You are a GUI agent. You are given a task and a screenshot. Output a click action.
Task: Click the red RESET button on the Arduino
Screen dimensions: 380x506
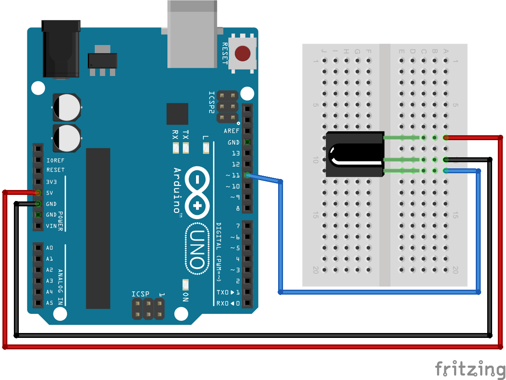(243, 54)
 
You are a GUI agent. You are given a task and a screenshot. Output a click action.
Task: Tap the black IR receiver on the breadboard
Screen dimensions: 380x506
(354, 154)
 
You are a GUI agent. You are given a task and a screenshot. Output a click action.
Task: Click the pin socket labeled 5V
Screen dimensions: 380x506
(38, 192)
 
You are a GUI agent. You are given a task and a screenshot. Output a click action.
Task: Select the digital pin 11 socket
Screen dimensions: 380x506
(247, 175)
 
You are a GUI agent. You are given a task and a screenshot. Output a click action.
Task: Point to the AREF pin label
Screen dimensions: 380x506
(232, 131)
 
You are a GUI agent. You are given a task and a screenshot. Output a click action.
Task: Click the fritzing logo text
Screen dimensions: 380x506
(470, 369)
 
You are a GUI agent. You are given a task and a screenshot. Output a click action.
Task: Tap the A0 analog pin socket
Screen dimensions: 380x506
(38, 248)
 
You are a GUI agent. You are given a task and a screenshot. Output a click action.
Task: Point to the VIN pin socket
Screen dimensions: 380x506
(38, 226)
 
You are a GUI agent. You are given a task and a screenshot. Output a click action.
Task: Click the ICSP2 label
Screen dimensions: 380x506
(212, 102)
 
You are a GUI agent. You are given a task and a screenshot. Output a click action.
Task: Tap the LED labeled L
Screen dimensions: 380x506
(206, 148)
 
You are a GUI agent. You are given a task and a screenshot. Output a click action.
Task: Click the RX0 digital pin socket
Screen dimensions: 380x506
(247, 303)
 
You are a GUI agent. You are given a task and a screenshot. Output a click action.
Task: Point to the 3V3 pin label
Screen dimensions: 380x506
(51, 182)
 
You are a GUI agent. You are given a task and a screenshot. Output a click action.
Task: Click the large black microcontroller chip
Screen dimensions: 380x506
(98, 228)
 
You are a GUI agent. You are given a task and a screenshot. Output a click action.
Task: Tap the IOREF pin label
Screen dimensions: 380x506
(56, 161)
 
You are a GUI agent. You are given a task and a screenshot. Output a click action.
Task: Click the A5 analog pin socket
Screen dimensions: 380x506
(38, 303)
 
